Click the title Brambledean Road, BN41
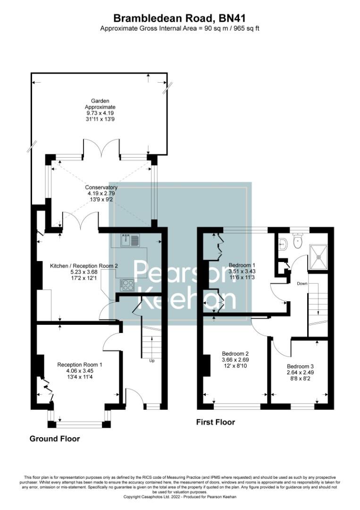180,18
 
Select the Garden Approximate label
100,107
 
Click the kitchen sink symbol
130,241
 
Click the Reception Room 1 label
79,365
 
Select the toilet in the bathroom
297,241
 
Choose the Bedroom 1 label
242,265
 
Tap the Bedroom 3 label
300,366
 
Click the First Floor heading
215,422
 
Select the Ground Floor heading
55,439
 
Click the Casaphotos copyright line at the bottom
180,497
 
